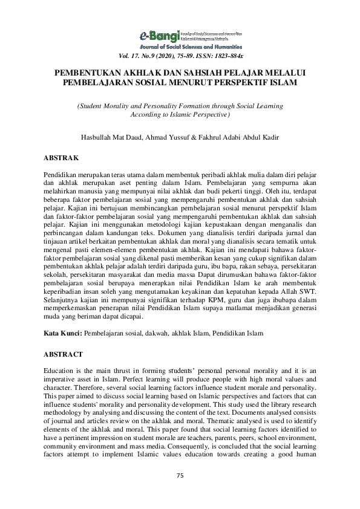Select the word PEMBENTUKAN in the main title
click(x=84, y=71)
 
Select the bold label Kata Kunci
click(x=62, y=332)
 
